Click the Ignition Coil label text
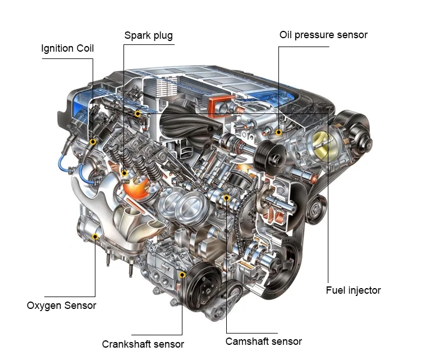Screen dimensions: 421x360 click(x=67, y=49)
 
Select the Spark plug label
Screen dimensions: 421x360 click(x=149, y=36)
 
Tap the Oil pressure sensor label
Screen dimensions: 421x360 click(x=323, y=35)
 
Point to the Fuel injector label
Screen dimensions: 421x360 click(x=353, y=290)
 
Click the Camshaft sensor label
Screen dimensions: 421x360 click(x=264, y=341)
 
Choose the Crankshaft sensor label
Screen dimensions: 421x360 click(x=143, y=344)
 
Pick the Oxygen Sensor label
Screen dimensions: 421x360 click(x=62, y=306)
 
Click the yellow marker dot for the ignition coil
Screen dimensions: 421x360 click(x=93, y=142)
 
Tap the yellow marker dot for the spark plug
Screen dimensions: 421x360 click(x=124, y=174)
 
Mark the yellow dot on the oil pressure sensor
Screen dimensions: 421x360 click(x=278, y=132)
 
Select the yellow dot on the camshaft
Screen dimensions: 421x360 click(x=227, y=198)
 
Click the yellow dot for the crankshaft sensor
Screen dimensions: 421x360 click(x=182, y=275)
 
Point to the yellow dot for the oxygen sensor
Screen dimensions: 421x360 click(x=95, y=236)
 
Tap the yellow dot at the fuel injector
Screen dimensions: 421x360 click(x=138, y=113)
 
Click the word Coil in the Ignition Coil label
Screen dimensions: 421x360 click(x=85, y=49)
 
